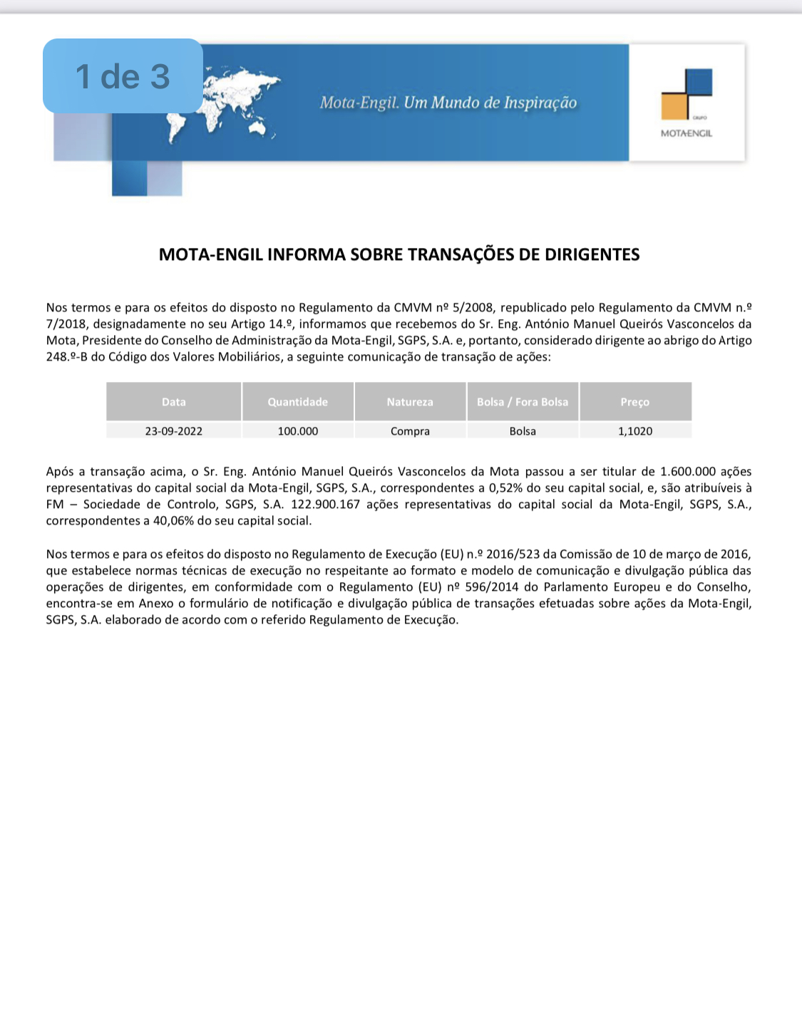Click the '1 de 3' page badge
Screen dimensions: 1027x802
[123, 76]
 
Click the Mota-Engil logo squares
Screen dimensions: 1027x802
[687, 94]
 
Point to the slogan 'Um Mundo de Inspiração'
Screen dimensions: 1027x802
[490, 103]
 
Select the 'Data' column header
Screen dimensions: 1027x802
[173, 402]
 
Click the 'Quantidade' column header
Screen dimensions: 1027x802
[297, 402]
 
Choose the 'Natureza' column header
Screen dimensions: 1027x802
[410, 402]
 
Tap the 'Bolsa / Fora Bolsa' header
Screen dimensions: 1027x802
[523, 402]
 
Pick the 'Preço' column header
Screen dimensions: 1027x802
[634, 402]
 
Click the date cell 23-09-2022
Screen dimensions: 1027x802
[173, 431]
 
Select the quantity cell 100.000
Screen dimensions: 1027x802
[298, 431]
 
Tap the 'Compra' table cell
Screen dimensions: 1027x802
[410, 431]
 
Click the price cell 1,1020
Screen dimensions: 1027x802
[635, 431]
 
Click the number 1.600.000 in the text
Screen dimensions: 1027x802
[687, 472]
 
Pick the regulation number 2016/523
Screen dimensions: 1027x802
[513, 554]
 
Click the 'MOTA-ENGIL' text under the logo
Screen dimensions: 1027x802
[687, 133]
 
